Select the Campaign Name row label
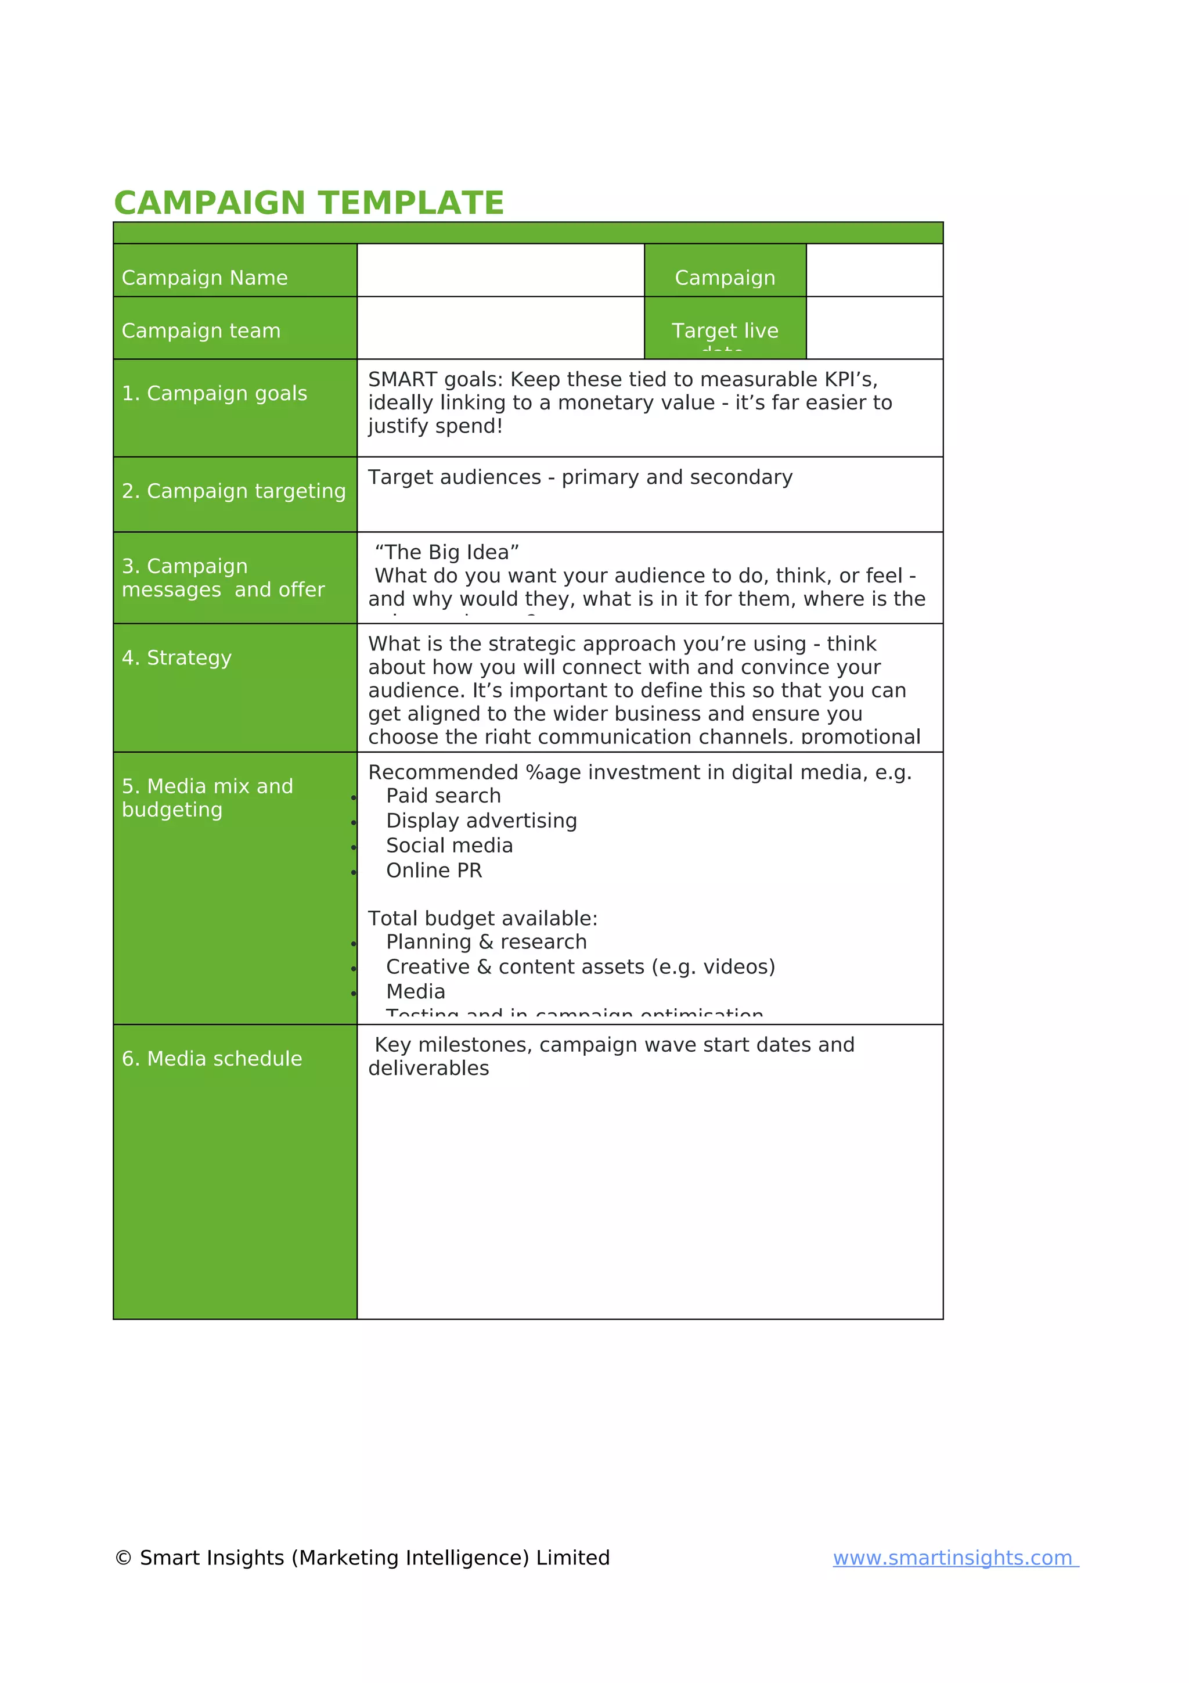tap(204, 278)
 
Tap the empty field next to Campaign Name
tap(500, 269)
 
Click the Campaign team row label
tap(201, 330)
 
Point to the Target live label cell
tap(725, 330)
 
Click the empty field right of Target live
tap(873, 328)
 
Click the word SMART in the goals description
tap(401, 380)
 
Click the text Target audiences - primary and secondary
tap(579, 477)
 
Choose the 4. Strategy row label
tap(176, 657)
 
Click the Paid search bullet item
tap(443, 795)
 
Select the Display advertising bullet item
tap(481, 820)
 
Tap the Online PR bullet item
tap(434, 870)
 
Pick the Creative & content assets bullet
tap(580, 967)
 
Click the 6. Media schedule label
tap(212, 1059)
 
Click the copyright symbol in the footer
tap(123, 1558)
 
